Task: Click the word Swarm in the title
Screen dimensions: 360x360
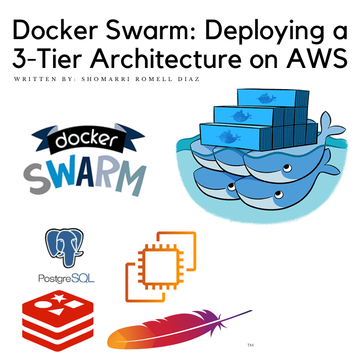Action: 147,30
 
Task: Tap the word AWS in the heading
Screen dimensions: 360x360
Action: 317,58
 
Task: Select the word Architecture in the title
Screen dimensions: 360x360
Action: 166,58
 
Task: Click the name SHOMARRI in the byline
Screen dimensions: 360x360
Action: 105,79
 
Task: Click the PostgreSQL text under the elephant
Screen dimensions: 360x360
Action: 66,279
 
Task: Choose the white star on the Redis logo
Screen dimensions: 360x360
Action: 58,298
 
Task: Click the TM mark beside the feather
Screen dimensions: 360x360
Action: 250,345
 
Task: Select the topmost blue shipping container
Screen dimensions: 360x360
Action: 273,98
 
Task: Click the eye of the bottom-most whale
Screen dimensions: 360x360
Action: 279,195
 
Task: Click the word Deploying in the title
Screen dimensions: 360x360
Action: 265,31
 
